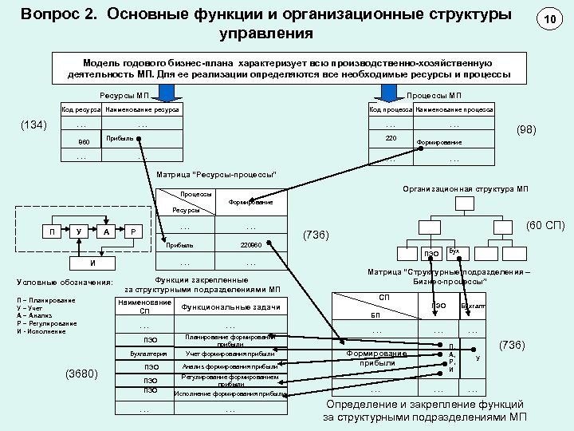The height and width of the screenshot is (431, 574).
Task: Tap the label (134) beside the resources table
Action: click(34, 125)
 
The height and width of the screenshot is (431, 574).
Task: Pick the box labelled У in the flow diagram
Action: click(78, 231)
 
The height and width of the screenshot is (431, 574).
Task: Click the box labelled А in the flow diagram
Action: click(107, 231)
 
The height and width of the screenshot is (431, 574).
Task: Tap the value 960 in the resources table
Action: click(84, 142)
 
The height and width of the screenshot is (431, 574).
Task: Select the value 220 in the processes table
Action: click(391, 137)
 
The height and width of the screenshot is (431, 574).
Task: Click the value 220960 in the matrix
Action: click(250, 244)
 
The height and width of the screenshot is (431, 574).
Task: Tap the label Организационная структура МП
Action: click(478, 188)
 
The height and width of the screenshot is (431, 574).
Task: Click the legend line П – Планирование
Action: click(46, 300)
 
